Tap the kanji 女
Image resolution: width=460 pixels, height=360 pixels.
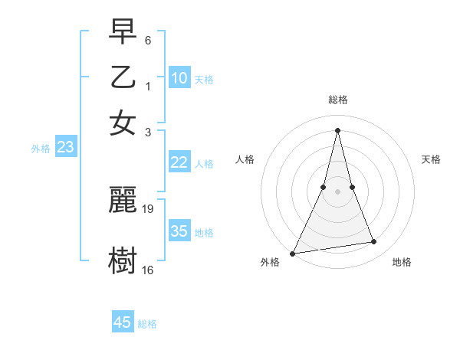coord(123,123)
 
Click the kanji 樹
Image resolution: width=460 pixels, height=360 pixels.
coord(123,260)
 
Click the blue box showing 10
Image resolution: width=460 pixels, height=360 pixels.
coord(179,77)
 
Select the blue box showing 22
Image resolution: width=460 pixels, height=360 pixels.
coord(179,162)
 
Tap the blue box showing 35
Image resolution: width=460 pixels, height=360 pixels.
coord(179,231)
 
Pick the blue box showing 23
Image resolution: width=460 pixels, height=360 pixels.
coord(65,148)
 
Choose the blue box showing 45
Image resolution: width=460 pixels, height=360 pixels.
coord(123,322)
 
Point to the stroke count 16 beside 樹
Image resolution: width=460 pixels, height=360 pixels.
coord(148,270)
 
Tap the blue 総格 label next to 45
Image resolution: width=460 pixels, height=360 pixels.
coord(147,324)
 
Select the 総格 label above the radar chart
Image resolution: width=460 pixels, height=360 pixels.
coord(338,100)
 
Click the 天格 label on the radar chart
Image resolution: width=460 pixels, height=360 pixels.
coord(432,159)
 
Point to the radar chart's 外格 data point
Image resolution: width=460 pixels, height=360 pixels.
coord(293,253)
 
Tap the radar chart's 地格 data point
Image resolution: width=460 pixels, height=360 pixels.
coord(374,242)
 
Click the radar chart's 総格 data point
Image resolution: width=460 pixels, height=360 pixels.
coord(338,129)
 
